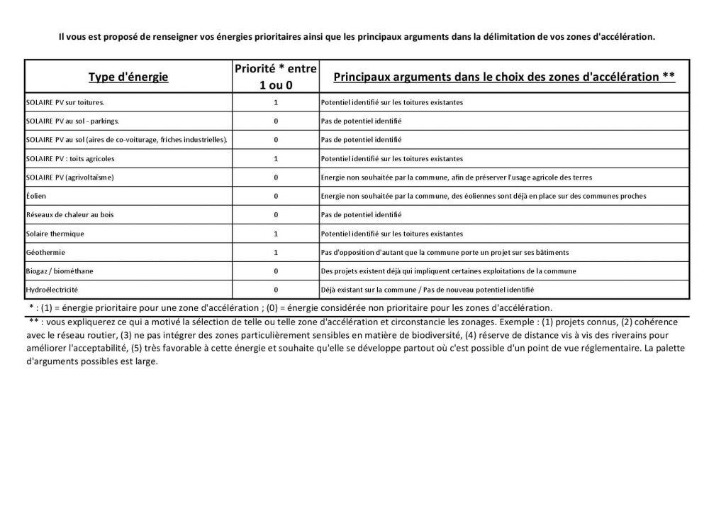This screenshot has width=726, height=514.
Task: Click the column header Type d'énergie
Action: point(128,77)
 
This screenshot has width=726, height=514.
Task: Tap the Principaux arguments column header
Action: point(503,77)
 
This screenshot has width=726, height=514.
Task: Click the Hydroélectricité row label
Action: point(52,290)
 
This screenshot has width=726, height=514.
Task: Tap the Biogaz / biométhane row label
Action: point(58,270)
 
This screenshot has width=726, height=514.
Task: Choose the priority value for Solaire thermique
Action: point(275,234)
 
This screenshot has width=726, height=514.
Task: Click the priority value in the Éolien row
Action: point(275,196)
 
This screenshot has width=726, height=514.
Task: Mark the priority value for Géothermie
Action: point(275,252)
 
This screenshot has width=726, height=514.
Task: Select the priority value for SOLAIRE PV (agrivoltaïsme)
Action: point(275,177)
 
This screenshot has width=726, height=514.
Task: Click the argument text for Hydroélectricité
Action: point(427,290)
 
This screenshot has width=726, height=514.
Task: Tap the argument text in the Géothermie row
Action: point(445,252)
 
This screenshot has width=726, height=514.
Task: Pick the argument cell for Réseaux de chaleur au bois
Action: point(361,214)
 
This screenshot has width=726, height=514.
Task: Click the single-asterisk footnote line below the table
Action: point(291,307)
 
